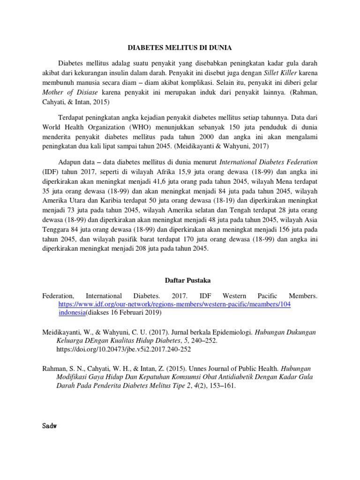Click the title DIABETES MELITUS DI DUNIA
[180, 47]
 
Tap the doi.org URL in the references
[124, 349]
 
